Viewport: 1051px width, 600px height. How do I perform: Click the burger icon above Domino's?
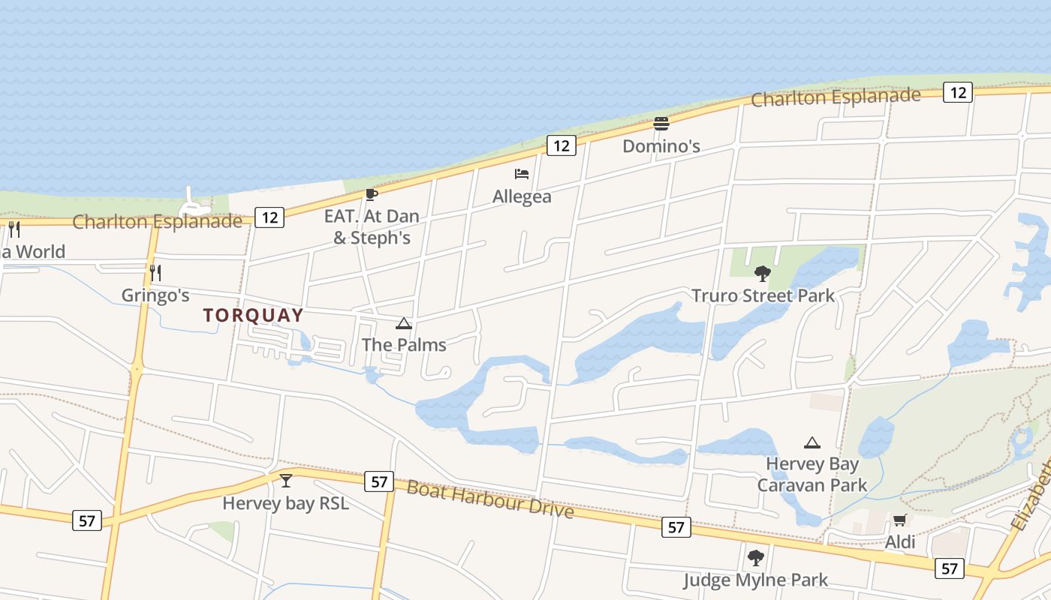pyautogui.click(x=661, y=123)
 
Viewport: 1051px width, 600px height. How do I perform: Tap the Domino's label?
pyautogui.click(x=661, y=146)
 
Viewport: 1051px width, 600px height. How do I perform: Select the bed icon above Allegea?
pyautogui.click(x=522, y=174)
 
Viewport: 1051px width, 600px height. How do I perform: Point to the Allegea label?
pyautogui.click(x=522, y=196)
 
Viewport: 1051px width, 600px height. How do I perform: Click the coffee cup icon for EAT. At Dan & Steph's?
pyautogui.click(x=371, y=195)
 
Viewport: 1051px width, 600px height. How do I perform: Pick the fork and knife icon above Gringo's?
pyautogui.click(x=155, y=272)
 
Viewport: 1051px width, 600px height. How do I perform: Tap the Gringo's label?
pyautogui.click(x=155, y=295)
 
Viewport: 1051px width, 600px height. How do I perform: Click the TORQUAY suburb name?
pyautogui.click(x=253, y=316)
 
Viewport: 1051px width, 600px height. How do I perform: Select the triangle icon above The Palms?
pyautogui.click(x=404, y=324)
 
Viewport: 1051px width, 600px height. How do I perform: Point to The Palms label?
pyautogui.click(x=404, y=345)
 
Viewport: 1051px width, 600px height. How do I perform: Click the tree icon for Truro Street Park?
pyautogui.click(x=763, y=273)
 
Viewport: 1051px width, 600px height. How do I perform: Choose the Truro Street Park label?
pyautogui.click(x=763, y=295)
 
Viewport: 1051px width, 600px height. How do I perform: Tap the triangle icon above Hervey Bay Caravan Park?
pyautogui.click(x=812, y=442)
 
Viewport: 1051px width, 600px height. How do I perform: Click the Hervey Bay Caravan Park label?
pyautogui.click(x=812, y=475)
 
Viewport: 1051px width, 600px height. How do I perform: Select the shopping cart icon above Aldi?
pyautogui.click(x=899, y=520)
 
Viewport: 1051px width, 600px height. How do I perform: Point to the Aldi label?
pyautogui.click(x=899, y=541)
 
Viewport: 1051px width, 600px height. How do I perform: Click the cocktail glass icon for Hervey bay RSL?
pyautogui.click(x=286, y=480)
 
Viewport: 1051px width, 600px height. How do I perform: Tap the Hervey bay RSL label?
pyautogui.click(x=286, y=503)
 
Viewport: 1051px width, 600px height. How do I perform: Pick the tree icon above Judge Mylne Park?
pyautogui.click(x=755, y=557)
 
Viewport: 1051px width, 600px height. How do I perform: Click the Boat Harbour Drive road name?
pyautogui.click(x=489, y=499)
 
